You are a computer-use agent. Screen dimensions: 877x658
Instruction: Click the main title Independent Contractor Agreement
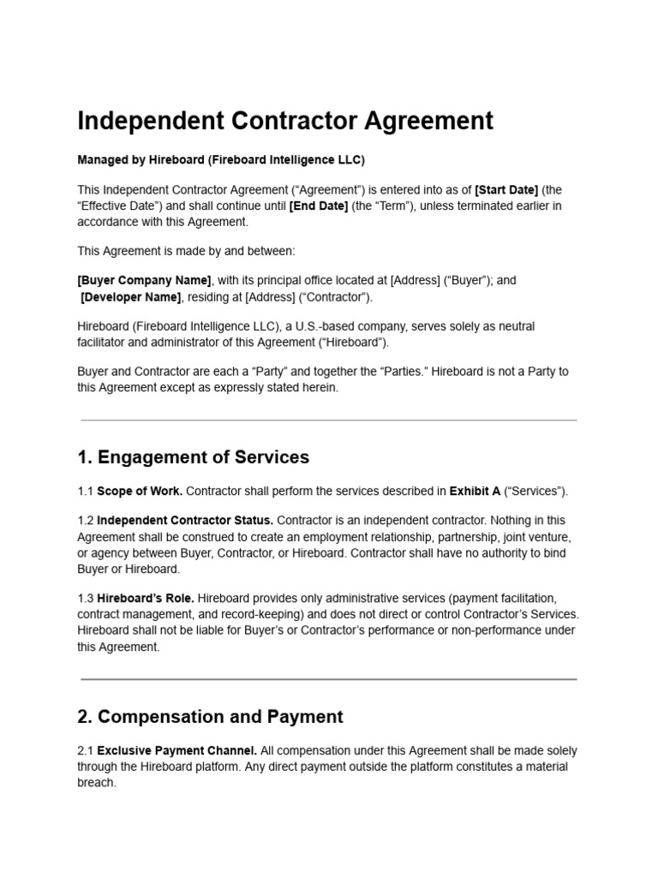285,121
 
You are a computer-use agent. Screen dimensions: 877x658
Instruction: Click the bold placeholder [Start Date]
506,189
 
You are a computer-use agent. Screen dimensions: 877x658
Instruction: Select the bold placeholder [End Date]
319,206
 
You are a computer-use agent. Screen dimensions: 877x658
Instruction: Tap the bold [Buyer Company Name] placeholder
144,280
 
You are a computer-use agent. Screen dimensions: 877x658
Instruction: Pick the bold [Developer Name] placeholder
130,297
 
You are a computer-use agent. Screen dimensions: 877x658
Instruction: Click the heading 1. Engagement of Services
193,457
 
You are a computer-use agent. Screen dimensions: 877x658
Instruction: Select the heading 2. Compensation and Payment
210,717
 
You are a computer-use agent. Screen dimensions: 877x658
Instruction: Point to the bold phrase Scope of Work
140,492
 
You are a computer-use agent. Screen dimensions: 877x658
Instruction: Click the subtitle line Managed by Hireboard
221,160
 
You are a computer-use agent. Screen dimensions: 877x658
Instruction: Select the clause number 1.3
85,598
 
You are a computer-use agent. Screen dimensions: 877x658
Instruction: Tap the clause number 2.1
85,751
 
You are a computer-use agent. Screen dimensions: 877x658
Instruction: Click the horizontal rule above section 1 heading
328,421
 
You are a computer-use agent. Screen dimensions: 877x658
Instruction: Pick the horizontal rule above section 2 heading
328,679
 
